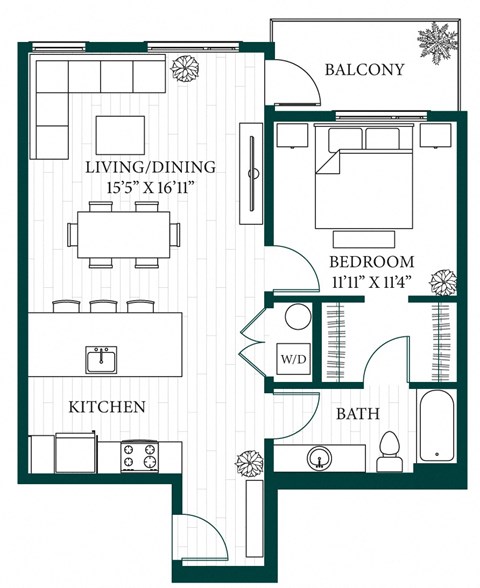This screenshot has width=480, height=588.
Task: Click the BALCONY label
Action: pyautogui.click(x=365, y=70)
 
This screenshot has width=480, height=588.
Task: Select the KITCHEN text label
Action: pyautogui.click(x=107, y=407)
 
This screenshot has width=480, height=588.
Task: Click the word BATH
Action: pyautogui.click(x=356, y=413)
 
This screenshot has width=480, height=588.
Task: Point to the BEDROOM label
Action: pyautogui.click(x=371, y=262)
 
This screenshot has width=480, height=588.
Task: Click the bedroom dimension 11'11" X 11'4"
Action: pyautogui.click(x=371, y=282)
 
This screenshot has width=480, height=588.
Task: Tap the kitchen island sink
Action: pyautogui.click(x=100, y=359)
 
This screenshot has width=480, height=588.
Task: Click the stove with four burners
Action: pyautogui.click(x=141, y=455)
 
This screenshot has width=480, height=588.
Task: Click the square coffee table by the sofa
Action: pyautogui.click(x=120, y=135)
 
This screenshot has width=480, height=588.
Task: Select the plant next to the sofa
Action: pyautogui.click(x=184, y=69)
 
